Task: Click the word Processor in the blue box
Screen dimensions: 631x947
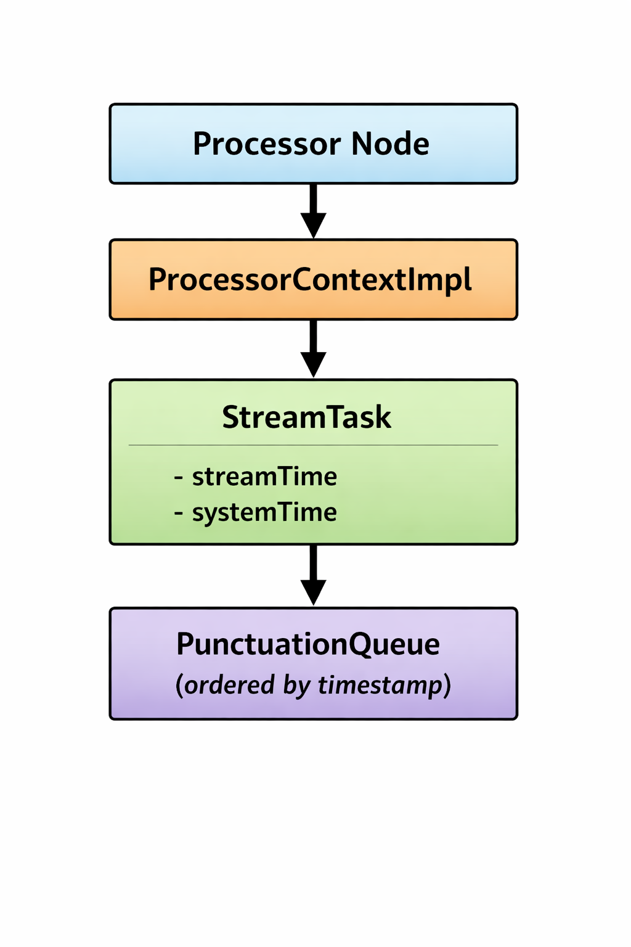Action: pyautogui.click(x=267, y=144)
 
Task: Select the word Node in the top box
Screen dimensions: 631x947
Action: pyautogui.click(x=390, y=144)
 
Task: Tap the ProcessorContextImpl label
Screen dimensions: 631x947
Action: pyautogui.click(x=310, y=281)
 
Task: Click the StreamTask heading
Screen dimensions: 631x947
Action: pyautogui.click(x=307, y=417)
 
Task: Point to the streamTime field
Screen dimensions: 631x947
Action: pyautogui.click(x=264, y=477)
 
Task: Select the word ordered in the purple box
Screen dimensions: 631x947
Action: pyautogui.click(x=229, y=684)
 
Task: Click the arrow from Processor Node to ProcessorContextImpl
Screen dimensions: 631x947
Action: pyautogui.click(x=313, y=211)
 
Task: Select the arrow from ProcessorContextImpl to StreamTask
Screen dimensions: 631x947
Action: pyautogui.click(x=313, y=349)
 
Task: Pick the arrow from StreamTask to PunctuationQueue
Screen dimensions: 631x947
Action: pyautogui.click(x=313, y=575)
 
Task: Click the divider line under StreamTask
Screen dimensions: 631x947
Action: pyautogui.click(x=313, y=445)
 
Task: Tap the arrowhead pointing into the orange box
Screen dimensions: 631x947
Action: pyautogui.click(x=313, y=226)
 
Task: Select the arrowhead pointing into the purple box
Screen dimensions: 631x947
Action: pyautogui.click(x=313, y=592)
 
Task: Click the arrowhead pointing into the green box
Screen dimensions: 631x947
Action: pyautogui.click(x=313, y=365)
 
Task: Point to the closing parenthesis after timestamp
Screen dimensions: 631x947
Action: pyautogui.click(x=447, y=686)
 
